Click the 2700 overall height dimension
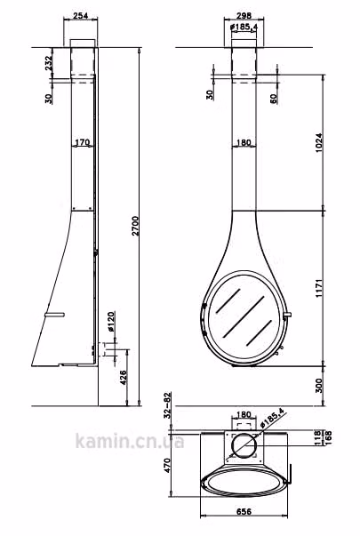pos(135,226)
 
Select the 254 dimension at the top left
pos(81,15)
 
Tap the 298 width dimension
pos(244,15)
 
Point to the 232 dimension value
pos(49,63)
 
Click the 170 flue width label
pos(82,142)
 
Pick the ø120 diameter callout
pos(111,321)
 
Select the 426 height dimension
pos(124,378)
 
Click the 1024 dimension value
pos(318,142)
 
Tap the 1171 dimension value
pos(318,288)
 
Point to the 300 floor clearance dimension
pos(318,386)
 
